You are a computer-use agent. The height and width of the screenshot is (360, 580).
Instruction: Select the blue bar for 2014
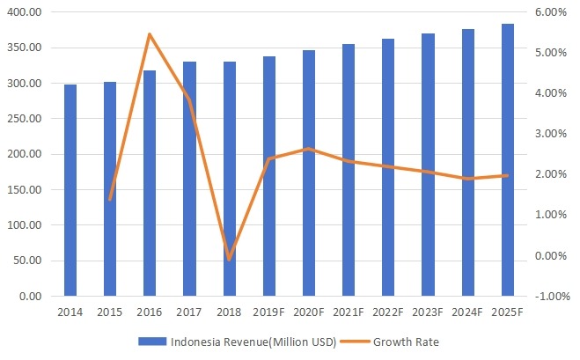pyautogui.click(x=70, y=190)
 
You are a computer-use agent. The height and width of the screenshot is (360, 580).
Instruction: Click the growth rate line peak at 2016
pyautogui.click(x=150, y=34)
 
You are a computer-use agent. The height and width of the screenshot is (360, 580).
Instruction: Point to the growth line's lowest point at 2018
pyautogui.click(x=230, y=259)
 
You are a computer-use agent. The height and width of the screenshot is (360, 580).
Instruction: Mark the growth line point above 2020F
pyautogui.click(x=309, y=149)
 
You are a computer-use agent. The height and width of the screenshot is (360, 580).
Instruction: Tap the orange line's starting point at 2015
pyautogui.click(x=110, y=200)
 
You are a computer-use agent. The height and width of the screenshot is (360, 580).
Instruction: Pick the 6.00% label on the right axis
pyautogui.click(x=547, y=12)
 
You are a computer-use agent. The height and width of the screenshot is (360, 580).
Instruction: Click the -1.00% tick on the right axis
pyautogui.click(x=545, y=297)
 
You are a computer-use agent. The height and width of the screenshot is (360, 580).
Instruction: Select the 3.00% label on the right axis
pyautogui.click(x=547, y=134)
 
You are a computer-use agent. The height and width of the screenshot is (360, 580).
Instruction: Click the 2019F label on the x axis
pyautogui.click(x=269, y=312)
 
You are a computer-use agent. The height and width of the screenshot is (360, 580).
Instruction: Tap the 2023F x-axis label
pyautogui.click(x=429, y=312)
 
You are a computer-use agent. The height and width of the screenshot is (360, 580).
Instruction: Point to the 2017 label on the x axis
pyautogui.click(x=189, y=312)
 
